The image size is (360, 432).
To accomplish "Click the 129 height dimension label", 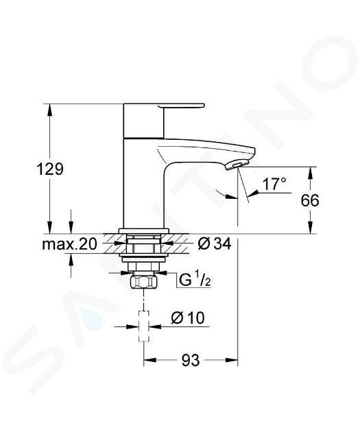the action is tap(50, 169).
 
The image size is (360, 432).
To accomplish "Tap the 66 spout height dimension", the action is tap(310, 200).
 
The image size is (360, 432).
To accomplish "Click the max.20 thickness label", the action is tap(70, 244).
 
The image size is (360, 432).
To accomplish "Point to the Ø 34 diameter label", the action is tap(215, 243).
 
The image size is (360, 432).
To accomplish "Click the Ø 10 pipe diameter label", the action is tap(188, 317).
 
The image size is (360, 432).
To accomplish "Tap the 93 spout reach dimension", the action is tap(191, 360).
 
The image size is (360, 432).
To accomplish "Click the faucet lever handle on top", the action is tap(182, 106).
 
